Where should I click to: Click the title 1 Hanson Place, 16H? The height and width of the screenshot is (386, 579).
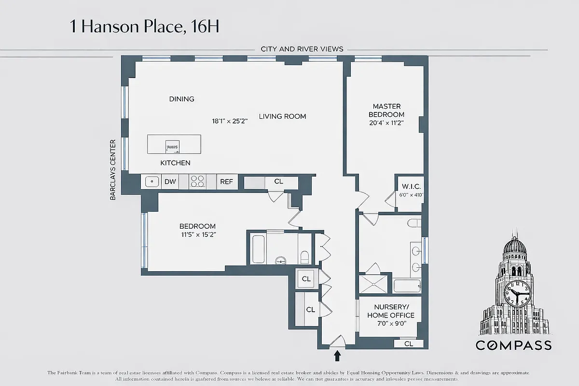(x=145, y=27)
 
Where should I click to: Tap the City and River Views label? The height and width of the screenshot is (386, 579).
(x=302, y=49)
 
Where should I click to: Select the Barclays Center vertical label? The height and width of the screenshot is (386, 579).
(x=113, y=170)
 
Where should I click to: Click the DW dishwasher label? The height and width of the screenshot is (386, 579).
(x=170, y=182)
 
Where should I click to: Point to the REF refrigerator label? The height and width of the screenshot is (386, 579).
(x=227, y=182)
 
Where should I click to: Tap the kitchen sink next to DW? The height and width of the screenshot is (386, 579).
(x=152, y=182)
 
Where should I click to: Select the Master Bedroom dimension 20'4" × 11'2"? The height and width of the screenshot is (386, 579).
(x=386, y=123)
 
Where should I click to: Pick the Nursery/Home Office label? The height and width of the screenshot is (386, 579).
(x=390, y=311)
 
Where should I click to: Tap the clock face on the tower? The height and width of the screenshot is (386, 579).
(x=517, y=293)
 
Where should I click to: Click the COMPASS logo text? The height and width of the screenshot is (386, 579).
(x=513, y=345)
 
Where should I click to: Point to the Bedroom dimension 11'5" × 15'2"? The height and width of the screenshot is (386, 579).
(x=197, y=235)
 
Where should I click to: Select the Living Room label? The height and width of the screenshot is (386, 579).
(x=282, y=116)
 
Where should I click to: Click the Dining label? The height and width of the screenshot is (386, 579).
(x=181, y=99)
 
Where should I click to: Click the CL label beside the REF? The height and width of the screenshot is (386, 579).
(x=278, y=181)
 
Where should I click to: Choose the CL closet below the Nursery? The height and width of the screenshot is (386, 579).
(x=408, y=344)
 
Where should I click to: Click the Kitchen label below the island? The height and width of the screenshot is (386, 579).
(x=175, y=163)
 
